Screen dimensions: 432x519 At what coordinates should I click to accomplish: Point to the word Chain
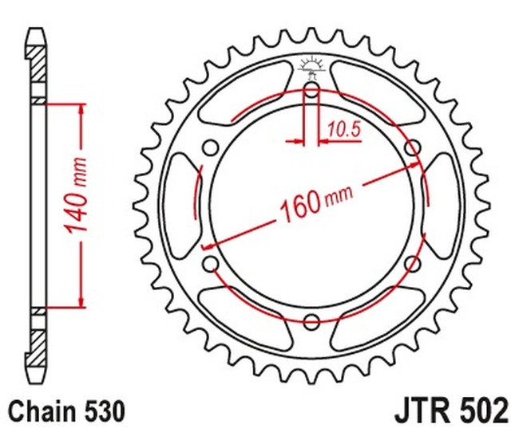click(42, 412)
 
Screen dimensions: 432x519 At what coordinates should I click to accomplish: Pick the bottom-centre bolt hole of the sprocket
click(311, 321)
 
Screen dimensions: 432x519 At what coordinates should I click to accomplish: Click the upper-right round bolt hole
click(412, 148)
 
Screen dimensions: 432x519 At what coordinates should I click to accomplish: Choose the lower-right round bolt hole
click(412, 262)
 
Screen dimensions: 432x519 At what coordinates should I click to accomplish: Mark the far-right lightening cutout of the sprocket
click(444, 205)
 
